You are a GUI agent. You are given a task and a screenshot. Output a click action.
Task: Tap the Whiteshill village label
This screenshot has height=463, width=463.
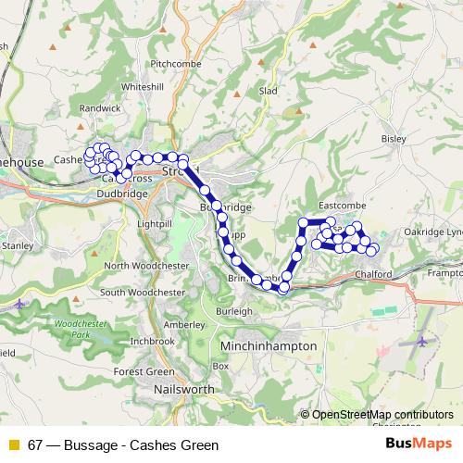[x=142, y=86]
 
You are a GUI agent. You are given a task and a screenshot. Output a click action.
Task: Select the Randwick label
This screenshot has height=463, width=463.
[x=101, y=108]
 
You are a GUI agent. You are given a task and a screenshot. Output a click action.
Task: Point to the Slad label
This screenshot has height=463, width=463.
[x=269, y=92]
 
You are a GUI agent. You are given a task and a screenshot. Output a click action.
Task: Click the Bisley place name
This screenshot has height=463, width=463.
[x=394, y=138]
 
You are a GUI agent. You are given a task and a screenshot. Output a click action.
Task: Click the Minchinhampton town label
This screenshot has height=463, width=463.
[x=269, y=345]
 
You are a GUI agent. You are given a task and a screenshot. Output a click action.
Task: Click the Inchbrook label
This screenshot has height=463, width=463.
[x=153, y=341]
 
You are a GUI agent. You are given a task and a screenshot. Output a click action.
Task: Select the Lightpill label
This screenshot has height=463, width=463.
[x=154, y=225]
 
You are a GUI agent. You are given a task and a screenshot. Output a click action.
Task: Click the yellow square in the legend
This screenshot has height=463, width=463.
[x=13, y=445]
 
